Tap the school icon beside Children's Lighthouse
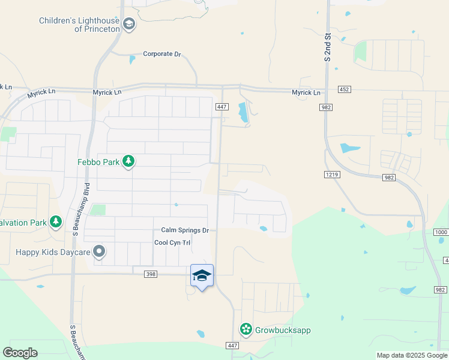[x=128, y=24]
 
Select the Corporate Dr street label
[x=161, y=54]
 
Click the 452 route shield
[x=344, y=89]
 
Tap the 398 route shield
[x=151, y=274]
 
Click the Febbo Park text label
[x=98, y=161]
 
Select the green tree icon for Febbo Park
[x=128, y=161]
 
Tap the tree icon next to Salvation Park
[x=56, y=223]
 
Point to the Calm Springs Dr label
[x=185, y=230]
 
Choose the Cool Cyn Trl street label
[x=172, y=242]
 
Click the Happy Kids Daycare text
[x=53, y=252]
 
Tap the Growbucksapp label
[x=283, y=330]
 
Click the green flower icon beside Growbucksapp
[x=246, y=329]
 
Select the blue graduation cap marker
[x=202, y=275]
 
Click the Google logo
[x=20, y=353]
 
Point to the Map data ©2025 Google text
[x=412, y=355]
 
